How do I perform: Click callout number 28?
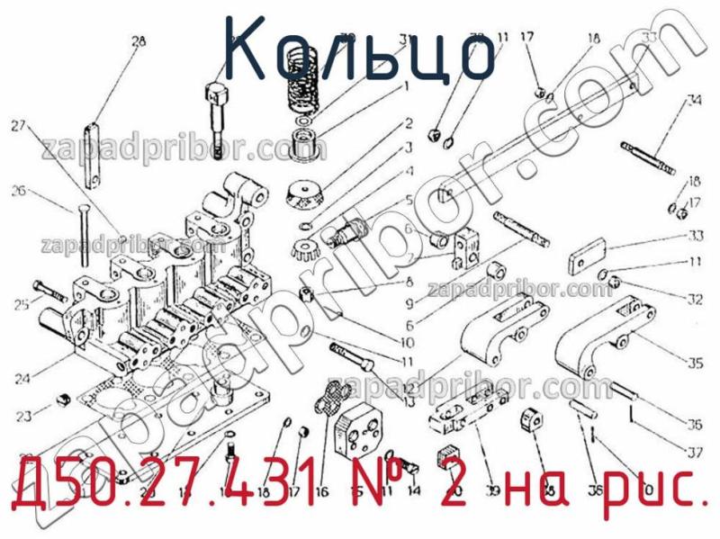[139, 40]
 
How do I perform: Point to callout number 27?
[17, 126]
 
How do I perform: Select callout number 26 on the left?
[17, 190]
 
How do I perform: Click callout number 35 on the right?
[695, 364]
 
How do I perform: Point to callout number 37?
[695, 453]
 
